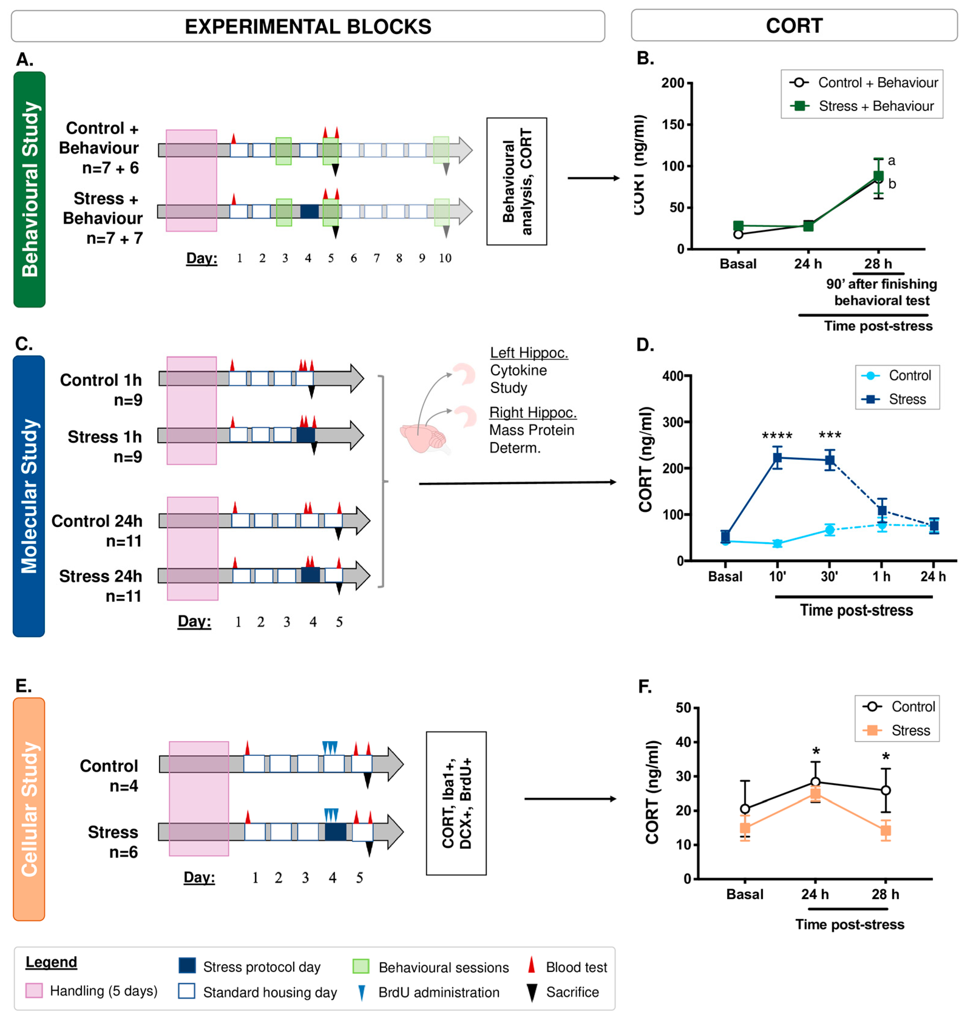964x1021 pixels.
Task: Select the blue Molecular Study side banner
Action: tap(29, 496)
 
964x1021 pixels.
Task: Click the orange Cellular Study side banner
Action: tap(29, 809)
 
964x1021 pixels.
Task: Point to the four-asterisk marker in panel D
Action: tap(777, 436)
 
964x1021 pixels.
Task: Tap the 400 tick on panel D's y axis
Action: tap(673, 376)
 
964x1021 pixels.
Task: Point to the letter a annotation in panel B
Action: tap(891, 161)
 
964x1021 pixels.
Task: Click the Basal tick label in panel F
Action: tap(745, 894)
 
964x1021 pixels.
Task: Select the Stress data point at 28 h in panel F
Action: tap(885, 830)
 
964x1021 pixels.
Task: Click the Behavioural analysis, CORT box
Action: tap(516, 181)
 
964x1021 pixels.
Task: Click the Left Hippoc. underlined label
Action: tap(529, 353)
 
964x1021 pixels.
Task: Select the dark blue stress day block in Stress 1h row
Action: tap(306, 435)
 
